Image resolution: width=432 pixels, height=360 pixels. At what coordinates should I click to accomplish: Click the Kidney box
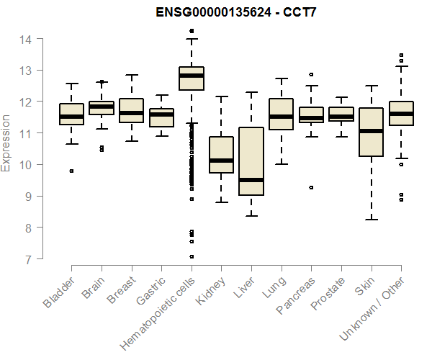tap(221, 155)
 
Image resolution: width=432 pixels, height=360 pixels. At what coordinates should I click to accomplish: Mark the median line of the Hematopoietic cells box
tap(192, 75)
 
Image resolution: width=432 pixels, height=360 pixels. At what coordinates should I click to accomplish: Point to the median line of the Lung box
tap(281, 116)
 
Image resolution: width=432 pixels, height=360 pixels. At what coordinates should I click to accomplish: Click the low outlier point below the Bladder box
tap(71, 171)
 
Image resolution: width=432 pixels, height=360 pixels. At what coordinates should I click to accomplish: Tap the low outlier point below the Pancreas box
tap(311, 187)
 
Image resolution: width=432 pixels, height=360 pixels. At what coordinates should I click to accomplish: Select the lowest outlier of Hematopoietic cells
tap(192, 256)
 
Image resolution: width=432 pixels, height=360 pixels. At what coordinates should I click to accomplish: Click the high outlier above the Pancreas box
tap(311, 74)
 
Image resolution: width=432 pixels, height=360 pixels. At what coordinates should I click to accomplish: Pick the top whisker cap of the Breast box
tap(131, 75)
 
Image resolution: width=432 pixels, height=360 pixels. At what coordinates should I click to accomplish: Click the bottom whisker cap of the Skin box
tap(371, 219)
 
